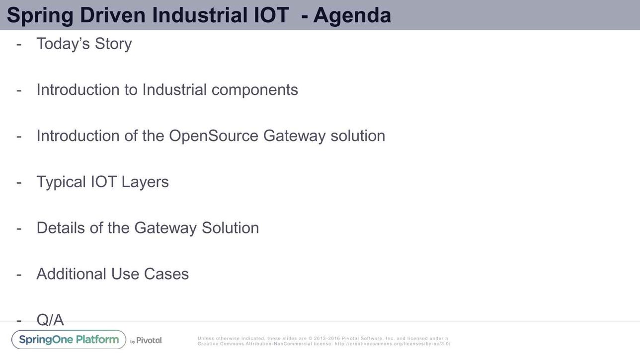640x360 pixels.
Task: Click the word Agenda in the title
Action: [x=352, y=15]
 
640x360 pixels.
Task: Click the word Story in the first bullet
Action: [x=113, y=44]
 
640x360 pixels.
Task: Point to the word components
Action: [x=254, y=90]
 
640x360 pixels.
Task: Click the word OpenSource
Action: [x=214, y=136]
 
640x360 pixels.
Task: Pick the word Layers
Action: [x=145, y=182]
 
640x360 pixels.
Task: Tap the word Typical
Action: [x=61, y=182]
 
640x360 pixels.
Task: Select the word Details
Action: [x=61, y=228]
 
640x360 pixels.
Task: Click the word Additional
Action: [x=72, y=274]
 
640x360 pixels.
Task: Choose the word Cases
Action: [x=166, y=274]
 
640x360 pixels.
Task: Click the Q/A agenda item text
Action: [x=50, y=320]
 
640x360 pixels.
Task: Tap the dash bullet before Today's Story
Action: [x=19, y=45]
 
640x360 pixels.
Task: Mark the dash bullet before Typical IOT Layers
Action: [x=19, y=183]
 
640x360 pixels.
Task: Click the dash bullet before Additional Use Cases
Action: [x=19, y=275]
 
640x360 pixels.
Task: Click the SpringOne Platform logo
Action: [x=69, y=340]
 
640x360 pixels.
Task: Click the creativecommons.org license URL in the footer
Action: [x=392, y=344]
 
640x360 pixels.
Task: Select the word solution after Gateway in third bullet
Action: [x=358, y=136]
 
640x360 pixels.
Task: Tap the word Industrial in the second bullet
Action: [x=174, y=90]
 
